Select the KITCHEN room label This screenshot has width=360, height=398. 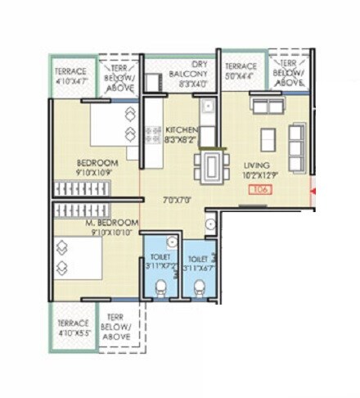180,130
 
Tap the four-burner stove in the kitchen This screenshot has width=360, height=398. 153,133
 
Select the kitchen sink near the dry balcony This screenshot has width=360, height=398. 208,106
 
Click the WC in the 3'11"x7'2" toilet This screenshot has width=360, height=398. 161,286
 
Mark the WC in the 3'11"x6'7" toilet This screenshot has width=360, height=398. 199,286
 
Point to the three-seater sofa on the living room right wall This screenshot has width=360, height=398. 296,145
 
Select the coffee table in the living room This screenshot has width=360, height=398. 268,139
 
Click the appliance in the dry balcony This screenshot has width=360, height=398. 153,82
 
